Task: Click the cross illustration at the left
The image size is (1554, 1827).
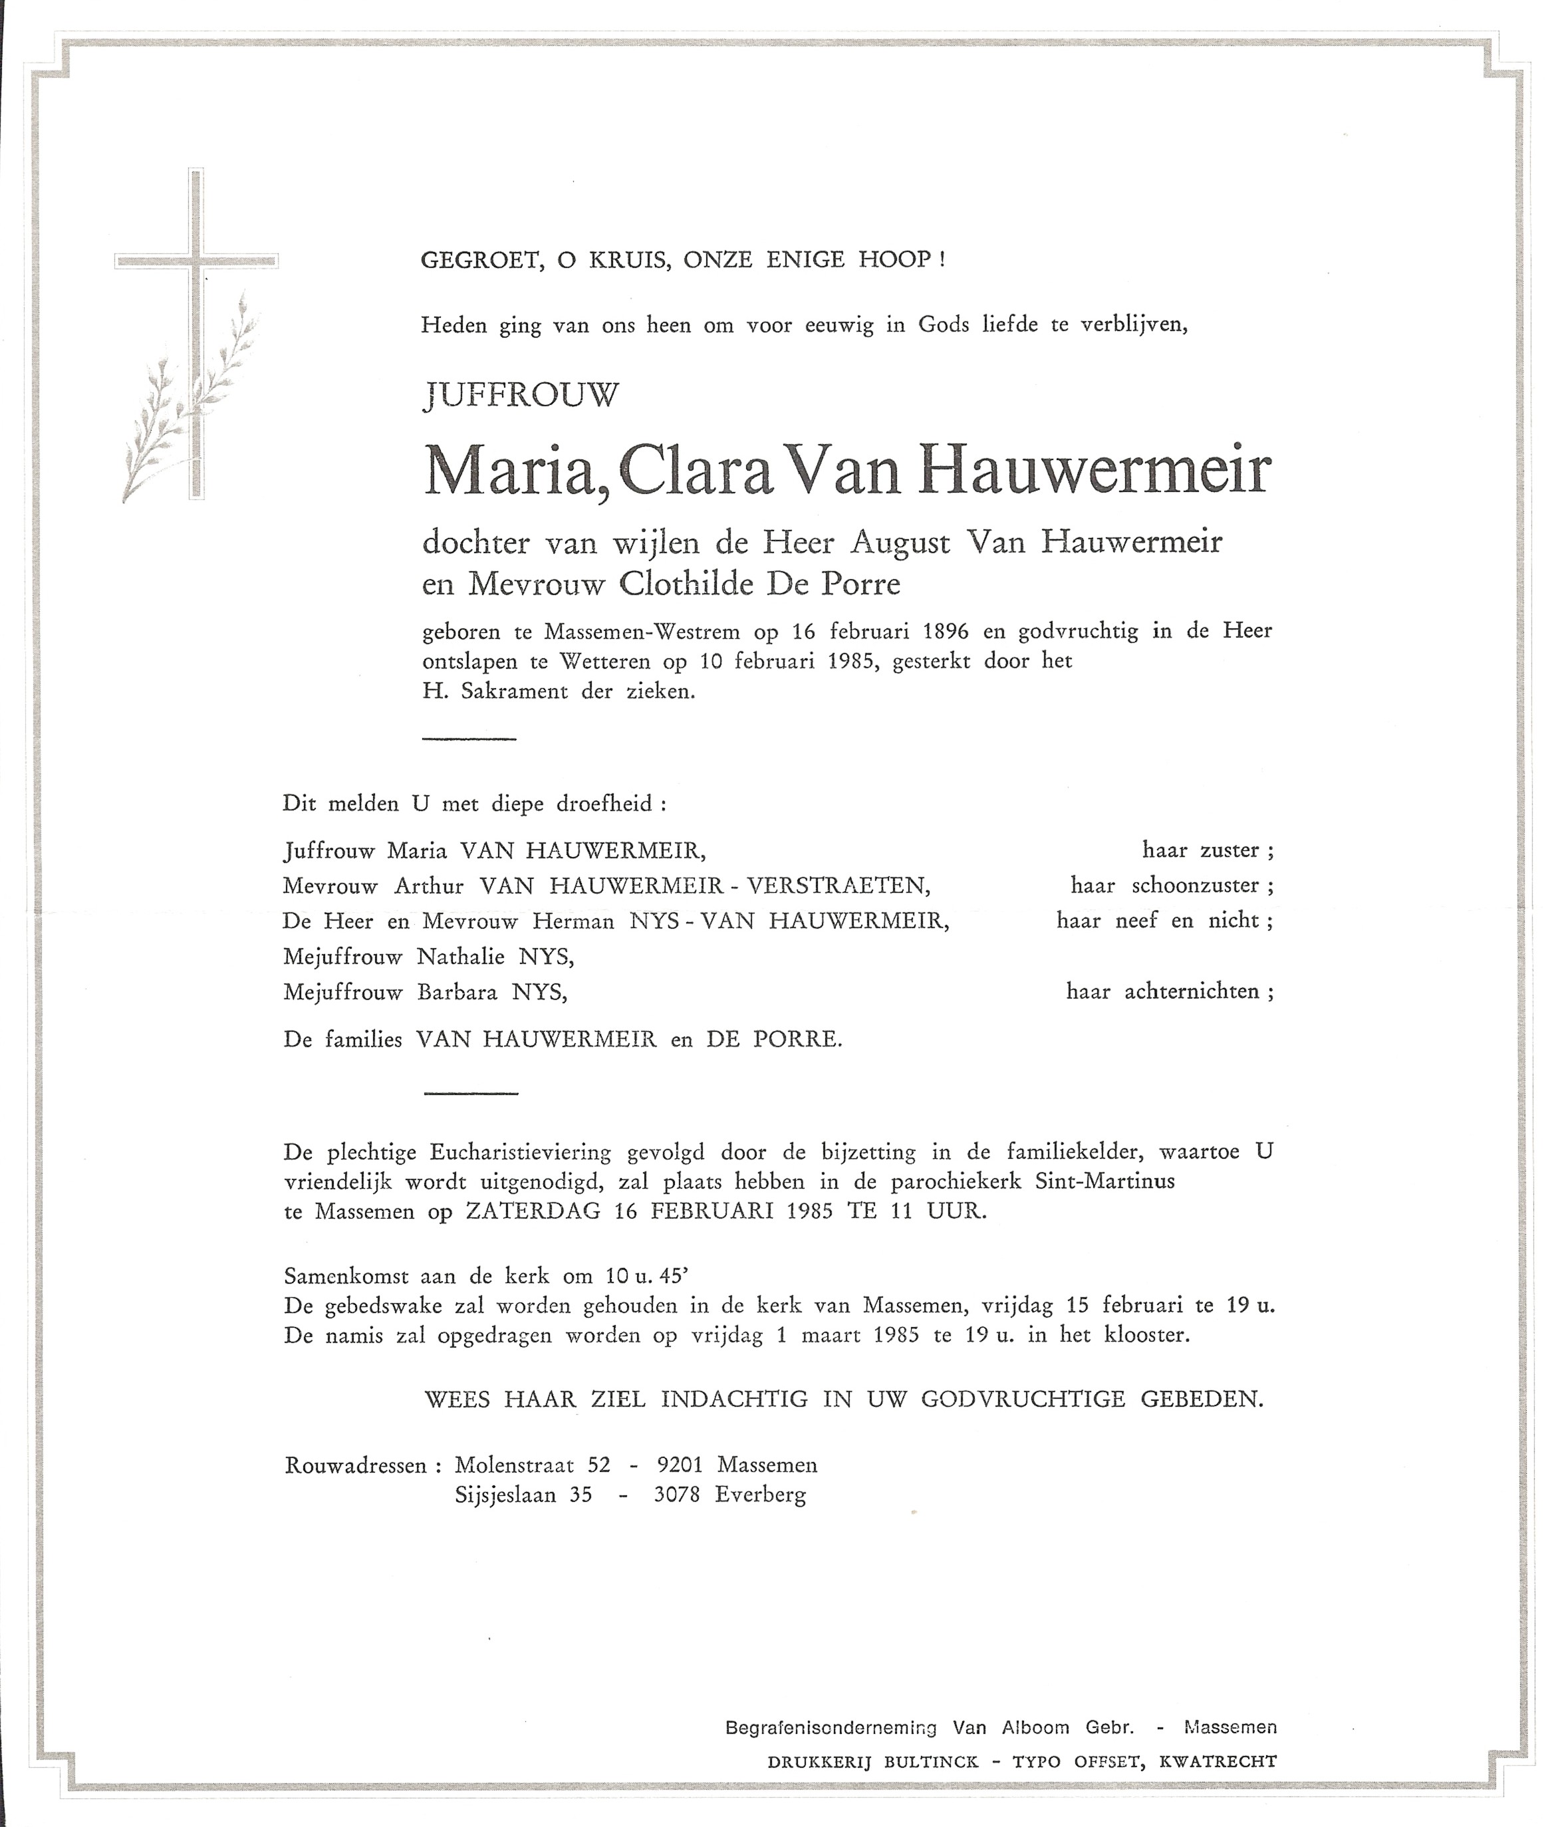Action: pos(195,334)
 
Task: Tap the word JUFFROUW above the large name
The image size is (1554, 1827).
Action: pos(521,396)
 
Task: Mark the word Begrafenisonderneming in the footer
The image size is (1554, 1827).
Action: pos(830,1727)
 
